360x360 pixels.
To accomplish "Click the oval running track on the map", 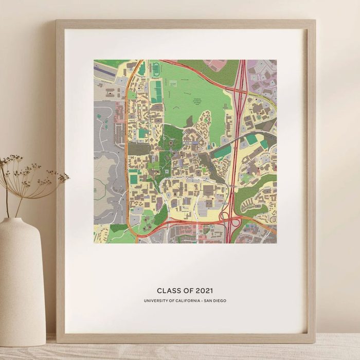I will [x=156, y=70].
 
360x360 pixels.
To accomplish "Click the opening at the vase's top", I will [x=20, y=220].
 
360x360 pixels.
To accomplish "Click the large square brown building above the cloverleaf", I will [x=208, y=191].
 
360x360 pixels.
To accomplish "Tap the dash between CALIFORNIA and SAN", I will [x=204, y=301].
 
